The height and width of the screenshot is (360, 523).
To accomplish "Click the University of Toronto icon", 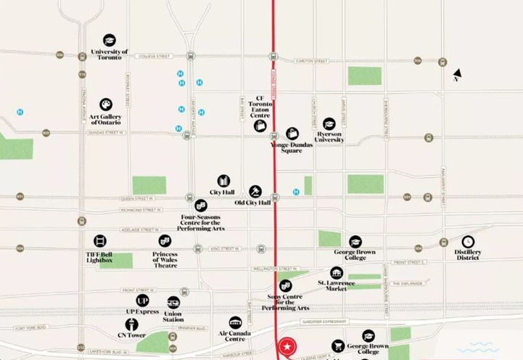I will pyautogui.click(x=109, y=41).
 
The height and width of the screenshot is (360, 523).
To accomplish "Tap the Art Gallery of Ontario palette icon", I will pyautogui.click(x=106, y=105).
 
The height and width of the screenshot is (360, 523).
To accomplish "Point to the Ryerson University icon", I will pyautogui.click(x=329, y=123).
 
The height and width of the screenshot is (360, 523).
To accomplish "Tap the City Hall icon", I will pyautogui.click(x=223, y=181).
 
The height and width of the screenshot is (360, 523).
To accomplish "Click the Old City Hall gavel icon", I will pyautogui.click(x=255, y=192).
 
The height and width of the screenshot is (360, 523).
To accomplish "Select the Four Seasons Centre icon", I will pyautogui.click(x=201, y=205).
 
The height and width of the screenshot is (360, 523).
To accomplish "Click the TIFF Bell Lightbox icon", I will pyautogui.click(x=99, y=240).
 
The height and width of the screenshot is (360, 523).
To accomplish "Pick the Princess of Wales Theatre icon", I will pyautogui.click(x=165, y=240).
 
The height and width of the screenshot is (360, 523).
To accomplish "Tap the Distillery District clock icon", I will pyautogui.click(x=469, y=242).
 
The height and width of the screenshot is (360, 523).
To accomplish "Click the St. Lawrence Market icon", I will pyautogui.click(x=336, y=273).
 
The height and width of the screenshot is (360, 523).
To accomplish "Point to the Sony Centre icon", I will pyautogui.click(x=285, y=286).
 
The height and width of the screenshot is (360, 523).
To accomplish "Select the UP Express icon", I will pyautogui.click(x=142, y=300).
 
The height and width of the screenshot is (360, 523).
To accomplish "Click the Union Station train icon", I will pyautogui.click(x=173, y=303).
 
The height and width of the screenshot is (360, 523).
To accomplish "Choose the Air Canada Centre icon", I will pyautogui.click(x=235, y=322).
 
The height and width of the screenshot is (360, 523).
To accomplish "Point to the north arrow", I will pyautogui.click(x=457, y=74).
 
